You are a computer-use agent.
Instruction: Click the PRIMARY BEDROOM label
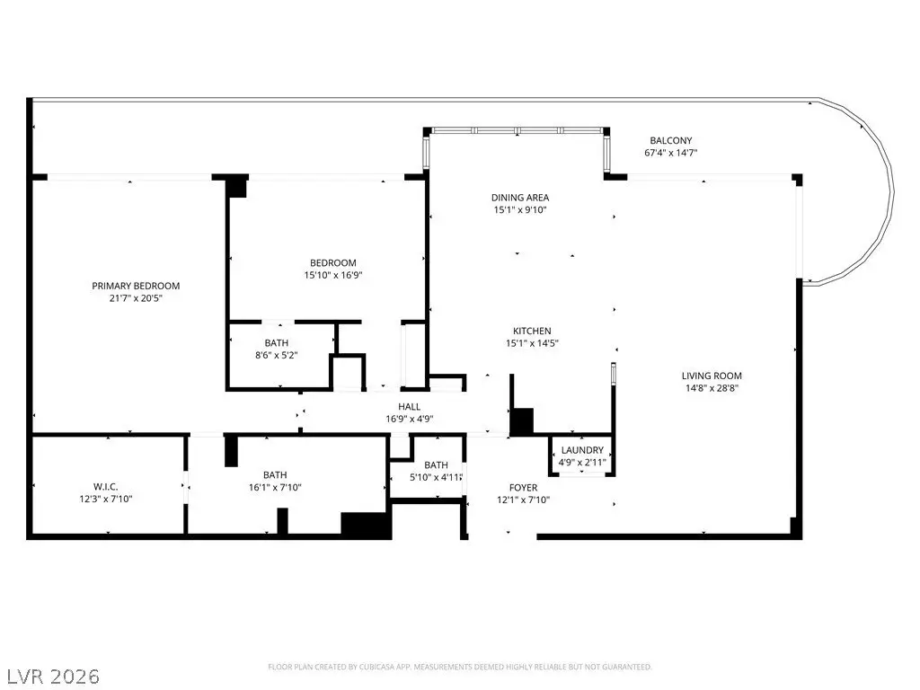136,286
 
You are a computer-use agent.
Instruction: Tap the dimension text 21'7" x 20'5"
136,298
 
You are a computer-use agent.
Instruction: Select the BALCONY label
670,140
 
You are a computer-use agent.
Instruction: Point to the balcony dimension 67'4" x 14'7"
670,153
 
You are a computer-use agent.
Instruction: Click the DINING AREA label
520,197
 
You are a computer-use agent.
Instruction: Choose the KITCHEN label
532,331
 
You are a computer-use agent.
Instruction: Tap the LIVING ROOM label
712,376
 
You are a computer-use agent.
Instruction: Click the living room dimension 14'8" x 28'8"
712,388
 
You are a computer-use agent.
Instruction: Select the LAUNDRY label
582,450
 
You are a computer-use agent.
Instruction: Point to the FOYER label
524,488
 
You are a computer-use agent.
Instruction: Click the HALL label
409,407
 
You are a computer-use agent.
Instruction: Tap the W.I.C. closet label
106,487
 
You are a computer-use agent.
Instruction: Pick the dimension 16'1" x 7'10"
275,487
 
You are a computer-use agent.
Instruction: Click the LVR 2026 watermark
51,677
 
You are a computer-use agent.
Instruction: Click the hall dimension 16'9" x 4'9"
409,419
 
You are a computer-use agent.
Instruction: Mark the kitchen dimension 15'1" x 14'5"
532,342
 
